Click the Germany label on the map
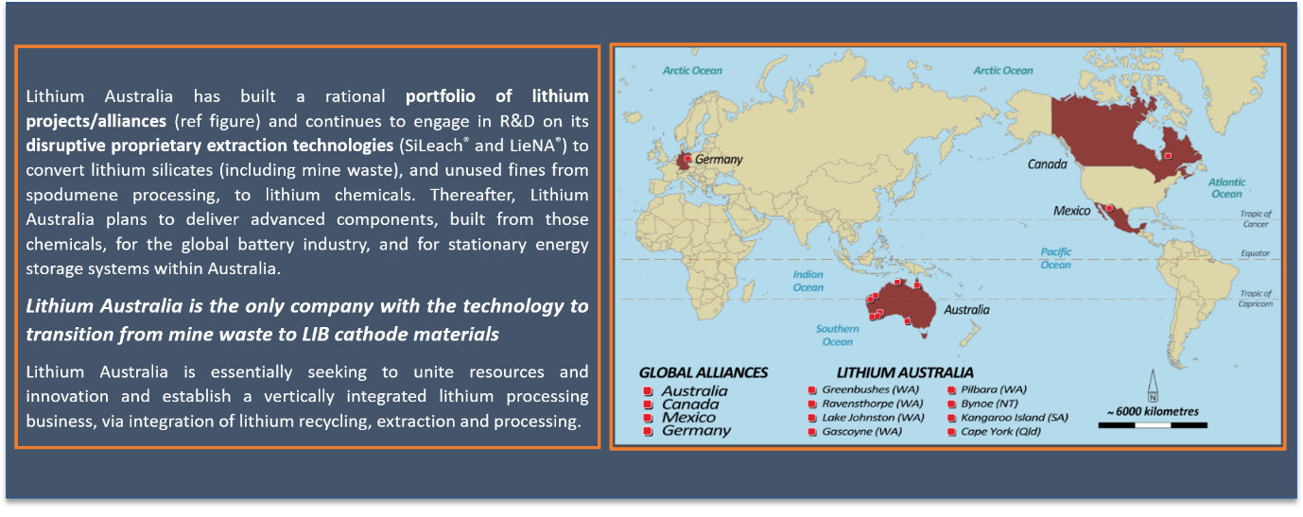coord(719,160)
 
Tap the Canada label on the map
coord(1047,164)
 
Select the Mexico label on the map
coord(1071,211)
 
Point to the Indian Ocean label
coord(808,281)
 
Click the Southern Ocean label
coord(837,335)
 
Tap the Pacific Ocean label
coord(1056,258)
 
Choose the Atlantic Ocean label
coord(1226,188)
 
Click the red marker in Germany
coord(687,158)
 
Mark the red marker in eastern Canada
coord(1168,156)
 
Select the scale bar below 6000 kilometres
coord(1153,425)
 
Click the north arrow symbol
coord(1153,386)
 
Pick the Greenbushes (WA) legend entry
coord(864,389)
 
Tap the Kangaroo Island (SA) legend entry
coord(1008,418)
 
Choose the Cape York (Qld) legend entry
coord(994,432)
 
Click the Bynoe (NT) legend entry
coord(983,404)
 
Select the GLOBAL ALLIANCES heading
coord(704,372)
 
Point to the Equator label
coord(1255,253)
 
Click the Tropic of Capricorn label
coord(1256,299)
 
